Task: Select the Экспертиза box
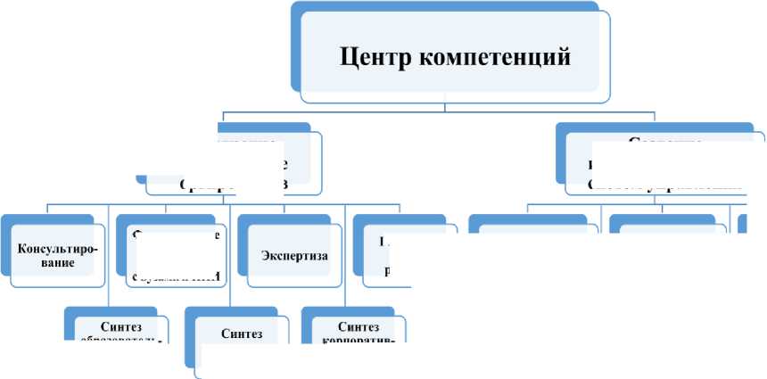pyautogui.click(x=294, y=256)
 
